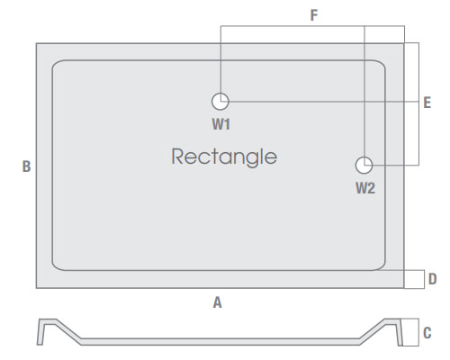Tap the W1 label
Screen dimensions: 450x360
(x=221, y=124)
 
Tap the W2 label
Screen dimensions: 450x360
(x=365, y=188)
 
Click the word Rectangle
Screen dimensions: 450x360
(x=224, y=157)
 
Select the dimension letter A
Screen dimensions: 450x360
(x=218, y=302)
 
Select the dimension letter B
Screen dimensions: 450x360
(x=26, y=166)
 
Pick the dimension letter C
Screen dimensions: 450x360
(x=427, y=333)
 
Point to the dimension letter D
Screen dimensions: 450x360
(x=432, y=279)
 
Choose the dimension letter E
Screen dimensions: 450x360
(x=427, y=103)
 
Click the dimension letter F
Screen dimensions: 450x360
(x=314, y=15)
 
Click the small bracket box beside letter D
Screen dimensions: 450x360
(x=424, y=279)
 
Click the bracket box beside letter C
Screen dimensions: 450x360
(x=418, y=332)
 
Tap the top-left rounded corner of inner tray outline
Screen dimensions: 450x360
(x=55, y=63)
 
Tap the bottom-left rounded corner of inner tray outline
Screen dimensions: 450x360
(x=55, y=267)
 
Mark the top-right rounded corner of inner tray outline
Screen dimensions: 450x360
(x=382, y=63)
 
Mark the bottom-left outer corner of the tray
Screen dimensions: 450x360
(x=36, y=288)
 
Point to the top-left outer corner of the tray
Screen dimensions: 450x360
(x=36, y=43)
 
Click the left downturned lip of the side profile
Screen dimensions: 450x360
(x=40, y=332)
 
